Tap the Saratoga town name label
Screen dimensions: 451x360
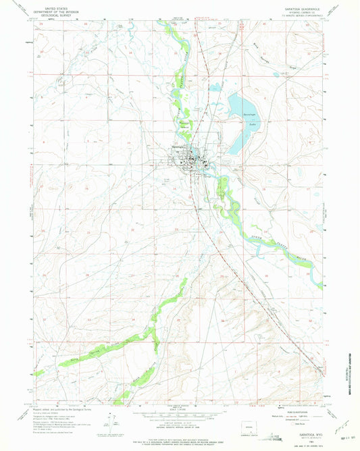coord(178,149)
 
